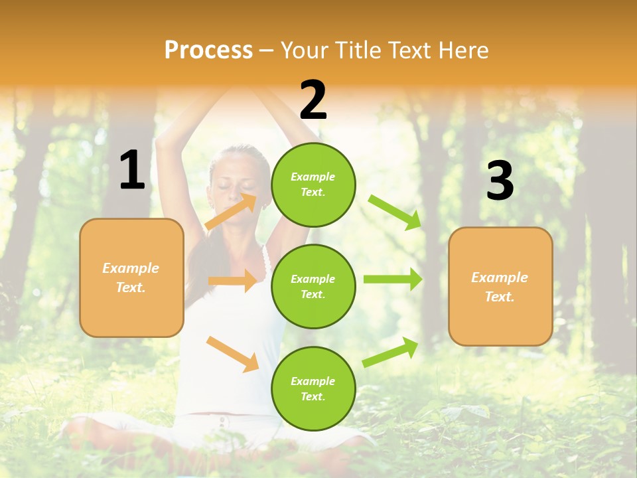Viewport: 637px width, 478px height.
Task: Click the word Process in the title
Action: point(208,50)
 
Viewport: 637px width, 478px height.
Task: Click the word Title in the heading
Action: point(358,50)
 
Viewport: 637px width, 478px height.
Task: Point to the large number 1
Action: point(132,171)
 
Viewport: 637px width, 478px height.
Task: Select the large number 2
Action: point(313,100)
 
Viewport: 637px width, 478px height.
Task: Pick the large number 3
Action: point(500,181)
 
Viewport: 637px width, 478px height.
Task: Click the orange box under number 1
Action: point(131,278)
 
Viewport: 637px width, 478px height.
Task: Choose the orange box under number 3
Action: point(500,287)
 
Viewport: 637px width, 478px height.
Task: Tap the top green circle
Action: point(313,185)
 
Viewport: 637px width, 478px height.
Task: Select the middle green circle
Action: point(313,286)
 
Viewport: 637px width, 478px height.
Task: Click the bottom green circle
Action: point(313,388)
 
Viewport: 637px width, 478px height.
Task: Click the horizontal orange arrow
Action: point(233,281)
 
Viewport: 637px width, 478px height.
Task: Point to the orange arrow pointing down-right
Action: point(232,354)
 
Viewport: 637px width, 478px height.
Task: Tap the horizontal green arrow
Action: point(393,279)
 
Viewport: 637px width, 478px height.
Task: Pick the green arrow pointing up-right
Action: point(390,352)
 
